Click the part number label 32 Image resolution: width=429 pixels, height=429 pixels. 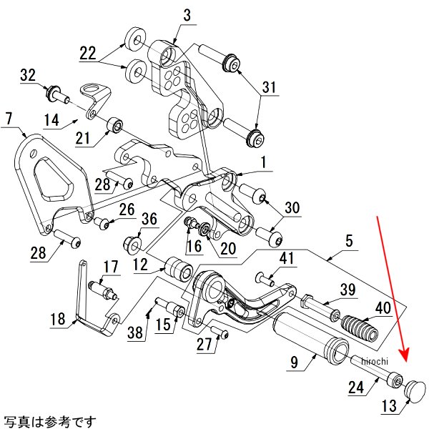29,75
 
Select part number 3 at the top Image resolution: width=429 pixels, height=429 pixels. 187,15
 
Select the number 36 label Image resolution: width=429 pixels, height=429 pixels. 148,220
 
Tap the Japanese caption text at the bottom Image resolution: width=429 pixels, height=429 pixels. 49,421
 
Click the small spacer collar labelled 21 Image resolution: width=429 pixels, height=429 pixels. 114,128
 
